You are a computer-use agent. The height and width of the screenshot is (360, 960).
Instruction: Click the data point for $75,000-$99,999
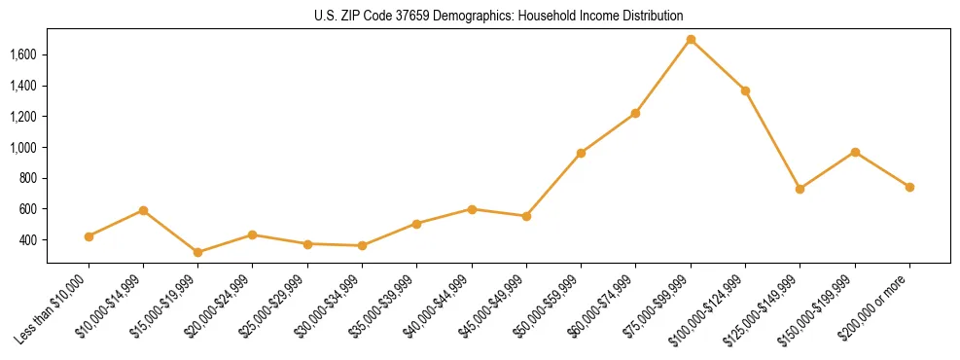pyautogui.click(x=691, y=40)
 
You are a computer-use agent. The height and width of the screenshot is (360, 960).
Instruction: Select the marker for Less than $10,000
pyautogui.click(x=89, y=236)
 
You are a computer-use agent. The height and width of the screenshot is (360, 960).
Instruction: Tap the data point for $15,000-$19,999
pyautogui.click(x=198, y=252)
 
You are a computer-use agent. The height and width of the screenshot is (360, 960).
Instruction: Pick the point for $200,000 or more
pyautogui.click(x=909, y=187)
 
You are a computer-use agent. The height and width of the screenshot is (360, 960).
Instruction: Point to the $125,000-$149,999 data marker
pyautogui.click(x=800, y=189)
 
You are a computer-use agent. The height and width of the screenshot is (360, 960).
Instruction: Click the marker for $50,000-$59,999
pyautogui.click(x=581, y=153)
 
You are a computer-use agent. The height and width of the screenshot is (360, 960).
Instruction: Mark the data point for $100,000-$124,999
pyautogui.click(x=745, y=90)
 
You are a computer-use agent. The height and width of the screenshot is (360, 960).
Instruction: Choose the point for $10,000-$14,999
pyautogui.click(x=143, y=210)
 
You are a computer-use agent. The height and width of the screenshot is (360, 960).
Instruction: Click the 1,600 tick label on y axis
pyautogui.click(x=22, y=54)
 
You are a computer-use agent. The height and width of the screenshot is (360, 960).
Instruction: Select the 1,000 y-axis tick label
pyautogui.click(x=22, y=148)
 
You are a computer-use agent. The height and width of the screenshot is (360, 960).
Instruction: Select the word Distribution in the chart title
pyautogui.click(x=651, y=17)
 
